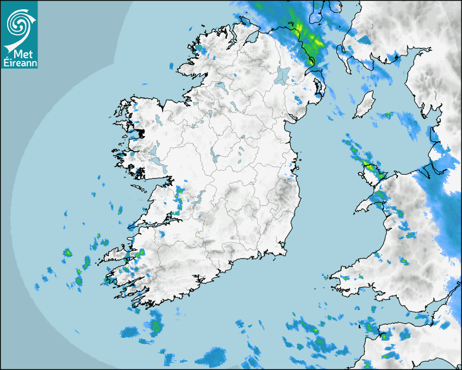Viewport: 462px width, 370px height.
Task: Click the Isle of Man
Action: click(x=364, y=104)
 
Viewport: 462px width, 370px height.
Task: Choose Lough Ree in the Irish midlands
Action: click(x=216, y=157)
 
